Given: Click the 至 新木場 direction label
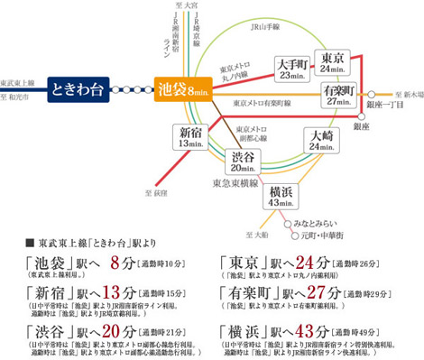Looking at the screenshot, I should pos(404,94).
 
